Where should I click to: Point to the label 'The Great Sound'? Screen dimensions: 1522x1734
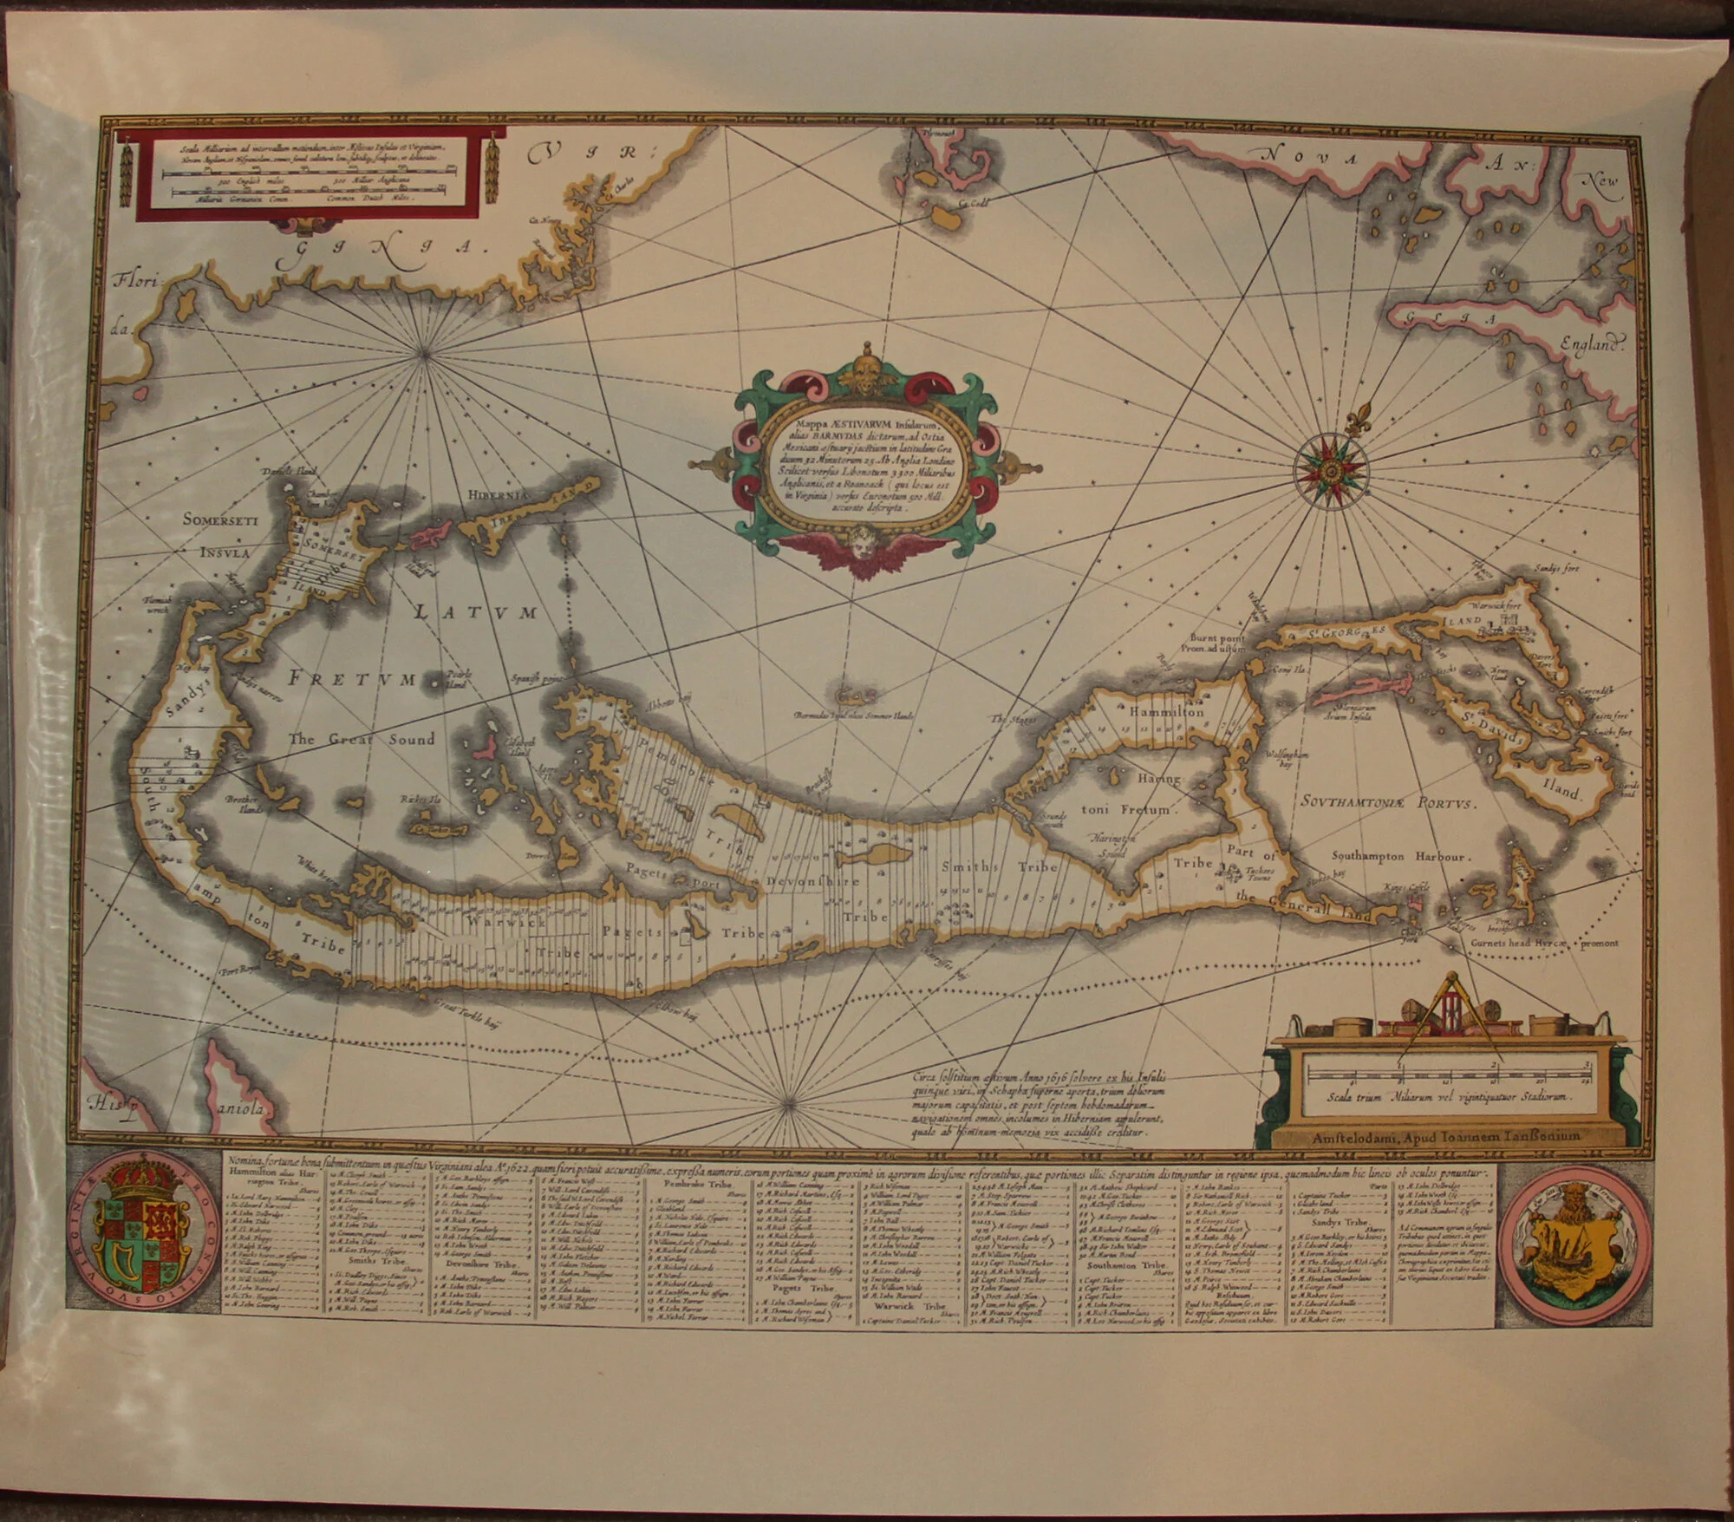pos(362,740)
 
